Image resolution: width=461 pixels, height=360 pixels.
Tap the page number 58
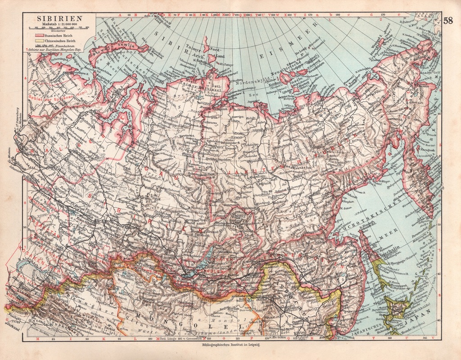[448, 20]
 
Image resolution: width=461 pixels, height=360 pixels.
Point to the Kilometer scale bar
[59, 28]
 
